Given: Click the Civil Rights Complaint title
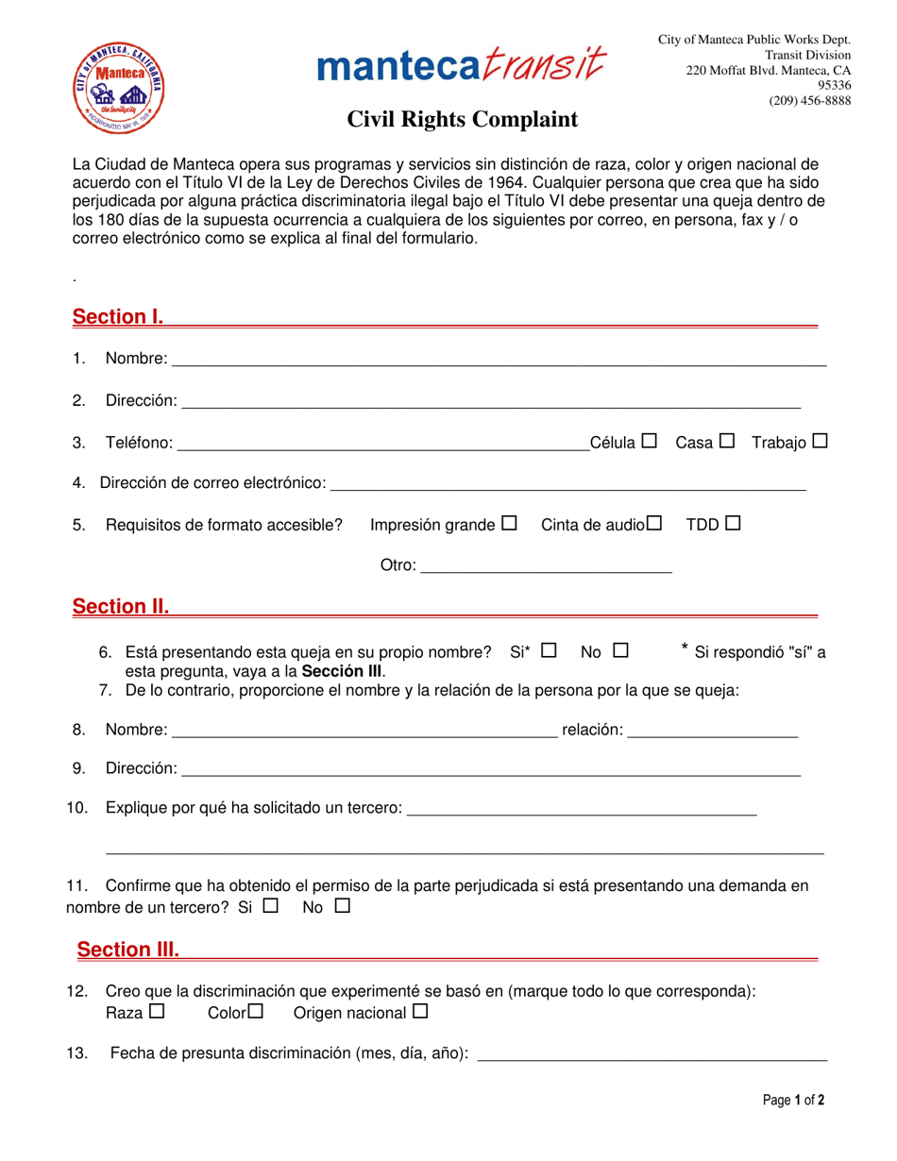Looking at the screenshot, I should click(462, 120).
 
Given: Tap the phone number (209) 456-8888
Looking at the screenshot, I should click(810, 101).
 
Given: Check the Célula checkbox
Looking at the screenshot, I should click(650, 441).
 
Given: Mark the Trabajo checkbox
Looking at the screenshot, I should click(820, 441).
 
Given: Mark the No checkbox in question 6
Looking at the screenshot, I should click(620, 650).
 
